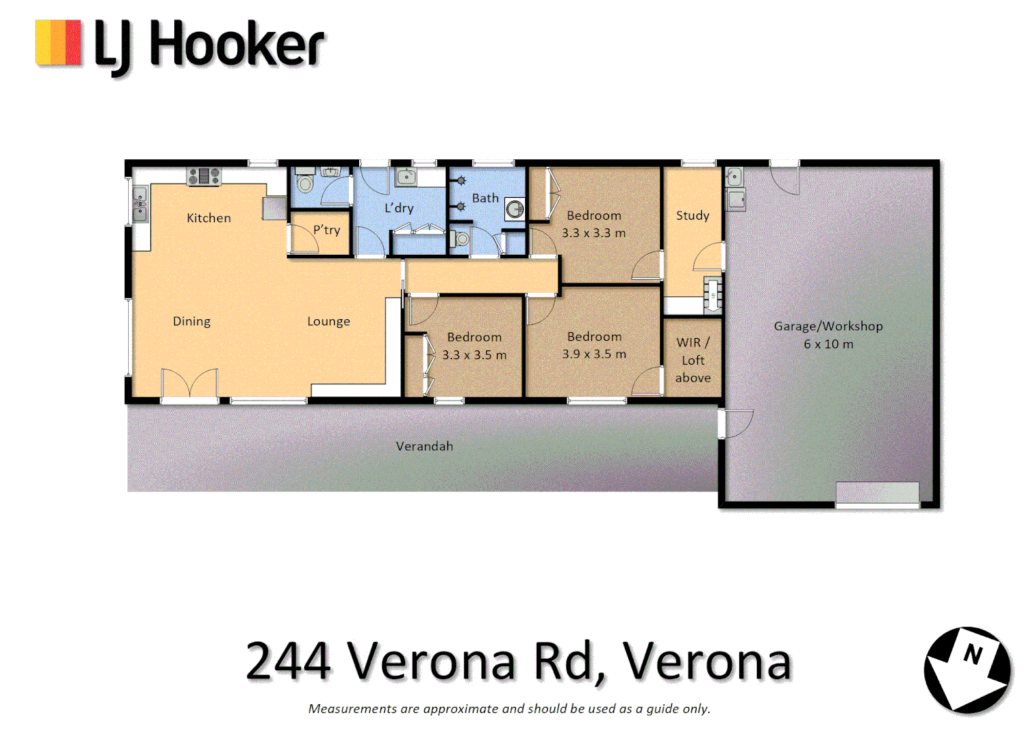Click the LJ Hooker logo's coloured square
click(x=58, y=43)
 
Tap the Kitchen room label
click(x=209, y=218)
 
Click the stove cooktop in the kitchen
click(x=204, y=176)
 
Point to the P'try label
click(x=327, y=230)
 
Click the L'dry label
click(x=399, y=208)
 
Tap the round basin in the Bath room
click(x=516, y=209)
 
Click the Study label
click(x=693, y=216)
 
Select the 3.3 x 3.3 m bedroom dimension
click(x=594, y=233)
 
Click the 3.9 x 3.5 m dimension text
click(x=594, y=354)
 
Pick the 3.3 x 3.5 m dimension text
click(x=474, y=354)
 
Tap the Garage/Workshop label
click(x=828, y=326)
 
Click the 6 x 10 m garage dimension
click(x=828, y=344)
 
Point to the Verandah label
click(x=424, y=446)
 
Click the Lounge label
click(x=329, y=321)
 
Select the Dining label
click(x=192, y=321)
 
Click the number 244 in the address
click(x=288, y=661)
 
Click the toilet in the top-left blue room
click(x=306, y=184)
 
